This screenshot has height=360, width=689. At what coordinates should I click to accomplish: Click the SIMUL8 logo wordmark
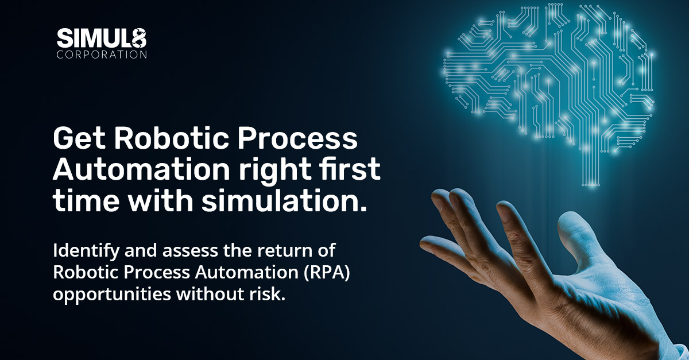(101, 40)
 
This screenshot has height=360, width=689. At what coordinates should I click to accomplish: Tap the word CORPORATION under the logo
(101, 56)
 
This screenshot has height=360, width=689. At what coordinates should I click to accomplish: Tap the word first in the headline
(351, 172)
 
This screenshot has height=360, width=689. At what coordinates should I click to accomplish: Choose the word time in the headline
(83, 203)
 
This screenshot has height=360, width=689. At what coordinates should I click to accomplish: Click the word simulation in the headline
(287, 203)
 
